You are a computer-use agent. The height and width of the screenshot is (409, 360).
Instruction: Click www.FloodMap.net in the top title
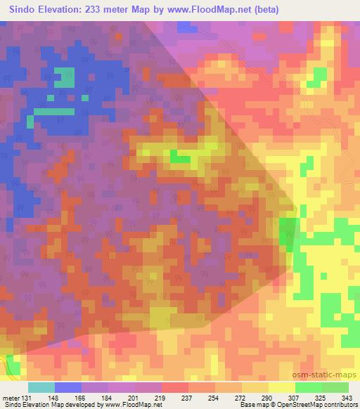[x=213, y=10]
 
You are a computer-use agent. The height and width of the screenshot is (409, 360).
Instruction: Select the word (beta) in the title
[x=265, y=10]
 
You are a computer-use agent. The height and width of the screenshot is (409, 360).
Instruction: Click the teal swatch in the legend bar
[x=41, y=387]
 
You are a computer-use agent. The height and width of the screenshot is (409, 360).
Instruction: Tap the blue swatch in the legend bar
[x=67, y=387]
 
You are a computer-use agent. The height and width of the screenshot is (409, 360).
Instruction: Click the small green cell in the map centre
[x=180, y=159]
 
